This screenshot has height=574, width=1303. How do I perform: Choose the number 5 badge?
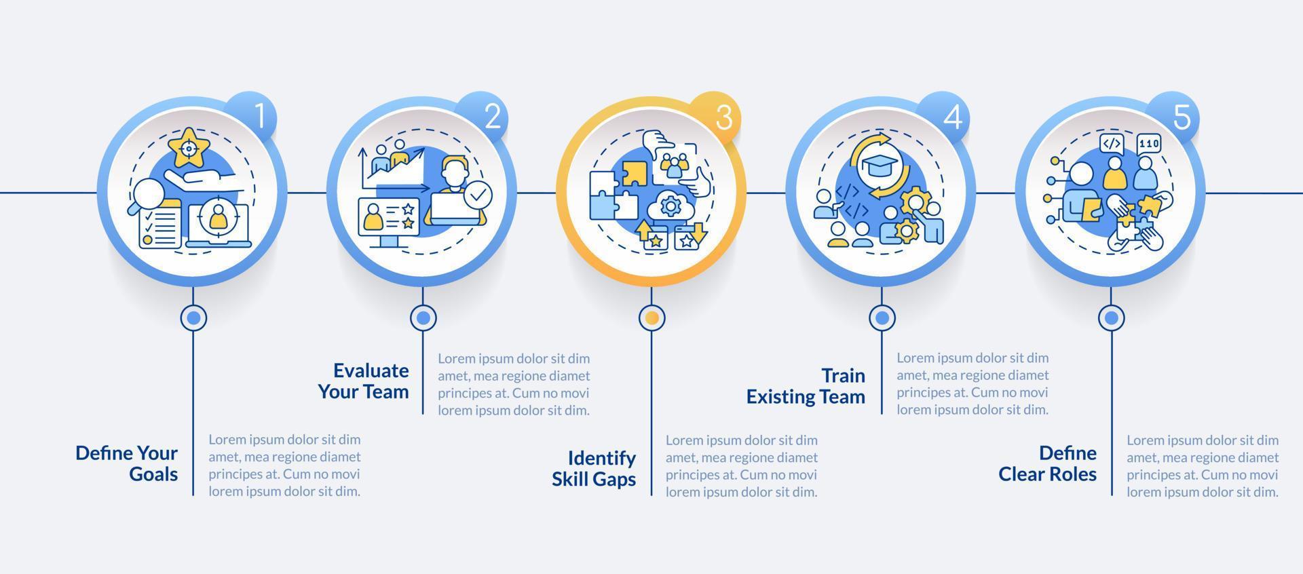[1181, 117]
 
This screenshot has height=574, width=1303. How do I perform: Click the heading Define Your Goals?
[127, 463]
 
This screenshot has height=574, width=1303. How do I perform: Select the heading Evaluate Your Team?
[364, 381]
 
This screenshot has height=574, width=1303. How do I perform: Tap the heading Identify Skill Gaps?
[594, 468]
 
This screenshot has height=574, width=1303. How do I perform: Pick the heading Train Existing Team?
[806, 386]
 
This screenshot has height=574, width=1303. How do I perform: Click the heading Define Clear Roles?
[1047, 463]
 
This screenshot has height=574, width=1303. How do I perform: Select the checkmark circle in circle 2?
[478, 195]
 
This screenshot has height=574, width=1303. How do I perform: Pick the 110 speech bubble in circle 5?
[1149, 144]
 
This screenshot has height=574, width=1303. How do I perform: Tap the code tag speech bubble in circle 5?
[1111, 144]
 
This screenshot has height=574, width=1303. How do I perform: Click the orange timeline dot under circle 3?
[651, 317]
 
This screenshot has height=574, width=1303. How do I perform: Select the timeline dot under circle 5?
[1111, 317]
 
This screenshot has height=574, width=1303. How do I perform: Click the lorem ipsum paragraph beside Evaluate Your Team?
[514, 384]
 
